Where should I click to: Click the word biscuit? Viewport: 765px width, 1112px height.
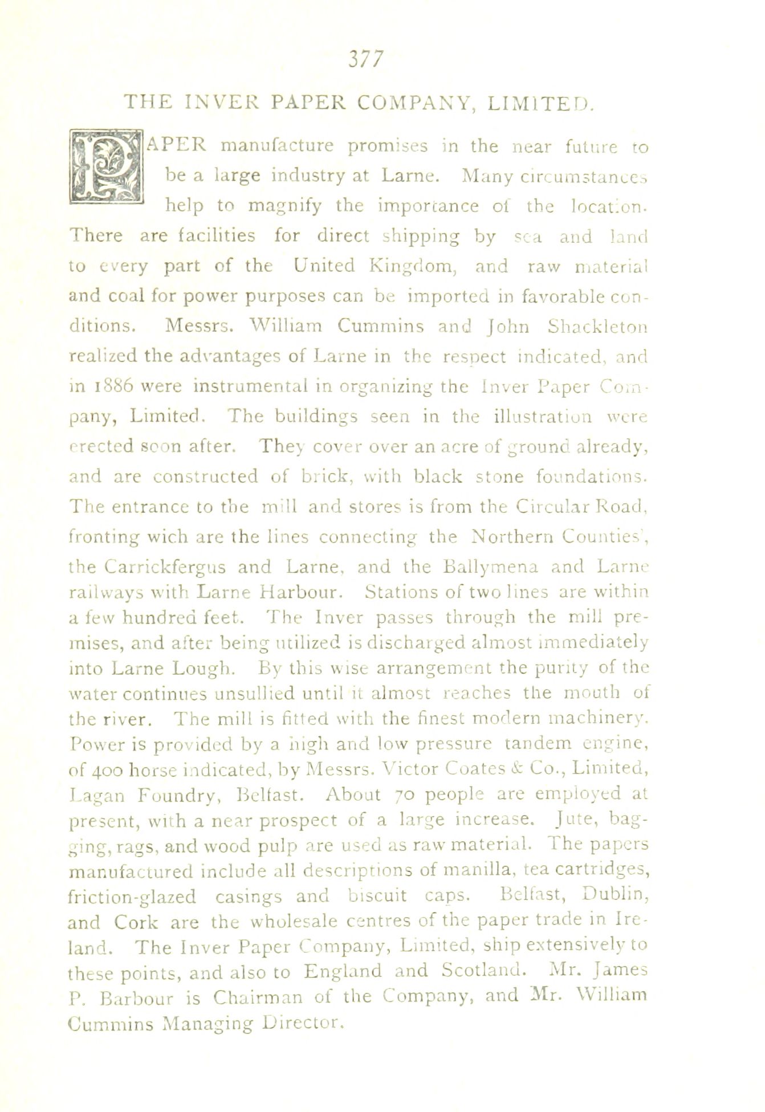point(377,895)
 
